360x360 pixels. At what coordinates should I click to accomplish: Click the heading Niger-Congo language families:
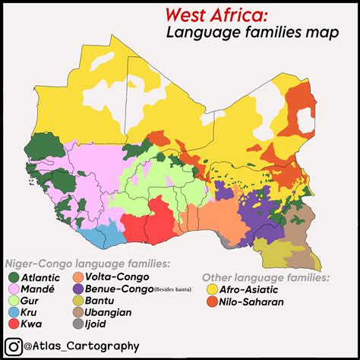(89, 264)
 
